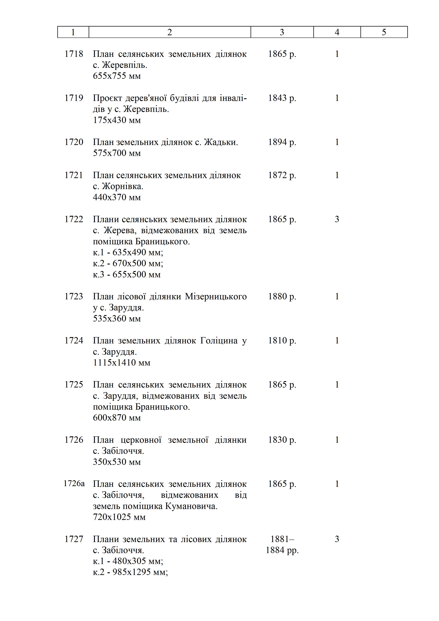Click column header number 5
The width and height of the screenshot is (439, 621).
pos(384,32)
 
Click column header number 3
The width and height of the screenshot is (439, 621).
pos(282,32)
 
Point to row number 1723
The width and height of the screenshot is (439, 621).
pos(74,297)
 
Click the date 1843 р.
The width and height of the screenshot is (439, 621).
pos(282,98)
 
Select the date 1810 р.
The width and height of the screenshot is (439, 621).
pos(282,341)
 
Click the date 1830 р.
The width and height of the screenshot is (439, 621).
pos(282,440)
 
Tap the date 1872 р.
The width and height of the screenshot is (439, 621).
pos(282,175)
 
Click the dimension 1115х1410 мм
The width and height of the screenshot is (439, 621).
pos(121,362)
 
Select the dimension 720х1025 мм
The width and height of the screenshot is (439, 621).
pos(119,517)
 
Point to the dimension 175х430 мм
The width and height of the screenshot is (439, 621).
pos(117,120)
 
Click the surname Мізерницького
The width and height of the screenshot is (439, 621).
pos(216,297)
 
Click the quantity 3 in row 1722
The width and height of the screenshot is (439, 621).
pos(337,219)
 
